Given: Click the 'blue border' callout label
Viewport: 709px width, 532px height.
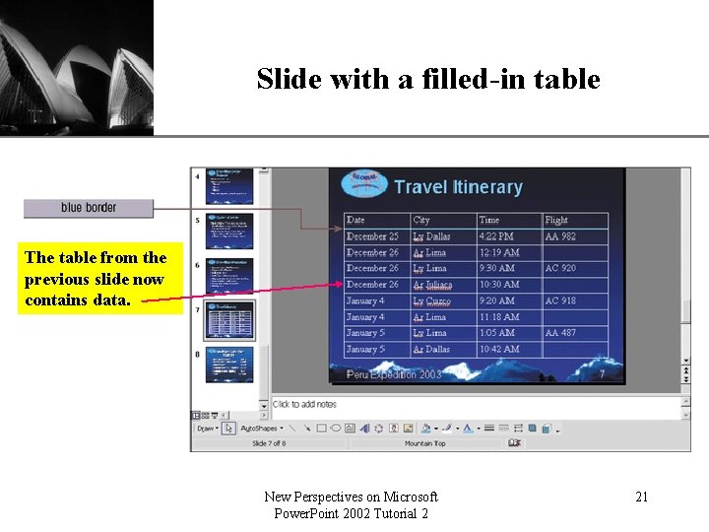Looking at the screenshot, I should click(x=89, y=208).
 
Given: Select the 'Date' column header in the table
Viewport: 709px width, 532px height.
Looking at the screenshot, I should click(x=355, y=220).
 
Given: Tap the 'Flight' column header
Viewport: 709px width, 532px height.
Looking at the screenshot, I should click(x=556, y=220).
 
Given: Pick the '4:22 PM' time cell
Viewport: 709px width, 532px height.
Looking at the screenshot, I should click(x=496, y=236).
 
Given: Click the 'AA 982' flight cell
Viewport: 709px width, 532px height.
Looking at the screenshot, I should click(x=560, y=236).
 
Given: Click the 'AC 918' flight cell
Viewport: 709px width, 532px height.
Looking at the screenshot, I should click(x=560, y=300).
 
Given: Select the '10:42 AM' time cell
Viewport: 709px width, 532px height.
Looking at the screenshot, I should click(x=498, y=349).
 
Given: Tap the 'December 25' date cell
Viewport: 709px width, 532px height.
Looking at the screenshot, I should click(x=372, y=236).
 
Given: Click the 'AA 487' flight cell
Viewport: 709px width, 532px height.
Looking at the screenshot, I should click(x=560, y=333).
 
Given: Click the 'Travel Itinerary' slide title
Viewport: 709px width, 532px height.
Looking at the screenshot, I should click(x=458, y=186).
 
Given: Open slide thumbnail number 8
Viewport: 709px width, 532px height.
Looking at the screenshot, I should click(x=228, y=364).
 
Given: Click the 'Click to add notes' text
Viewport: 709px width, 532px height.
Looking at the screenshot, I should click(x=304, y=404).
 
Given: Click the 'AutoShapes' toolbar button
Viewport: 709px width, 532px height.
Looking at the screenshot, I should click(x=261, y=429).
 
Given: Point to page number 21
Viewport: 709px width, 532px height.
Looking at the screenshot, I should click(x=641, y=497).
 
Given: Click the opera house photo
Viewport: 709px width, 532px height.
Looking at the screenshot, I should click(x=77, y=67).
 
